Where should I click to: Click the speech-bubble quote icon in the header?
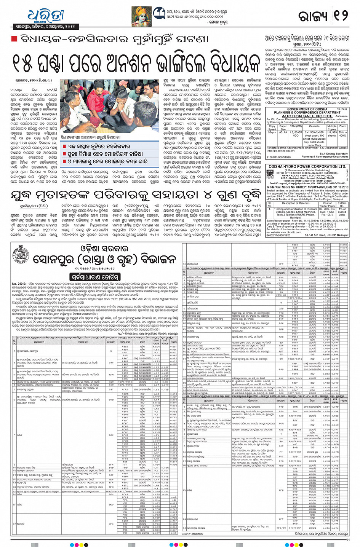pos(159,13)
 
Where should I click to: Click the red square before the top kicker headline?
pos(14,39)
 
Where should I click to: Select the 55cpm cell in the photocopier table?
pos(272,132)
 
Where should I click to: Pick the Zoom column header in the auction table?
pos(343,126)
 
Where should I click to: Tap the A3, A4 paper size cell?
pos(283,132)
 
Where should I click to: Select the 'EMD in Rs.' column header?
pos(342,204)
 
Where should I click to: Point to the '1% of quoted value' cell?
pos(342,212)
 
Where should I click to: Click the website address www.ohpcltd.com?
pos(284,232)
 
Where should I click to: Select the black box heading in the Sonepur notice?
pos(95,277)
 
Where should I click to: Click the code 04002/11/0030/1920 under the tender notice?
pos(278,235)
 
